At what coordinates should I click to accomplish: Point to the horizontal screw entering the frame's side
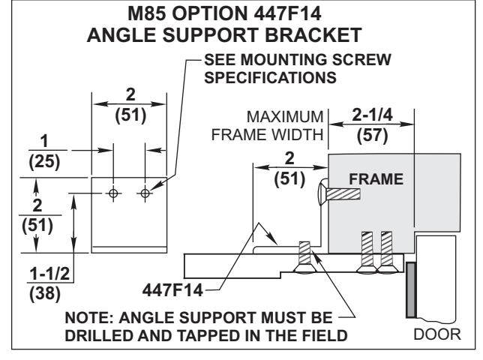(340, 194)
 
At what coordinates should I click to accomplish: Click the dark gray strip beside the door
(411, 289)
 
